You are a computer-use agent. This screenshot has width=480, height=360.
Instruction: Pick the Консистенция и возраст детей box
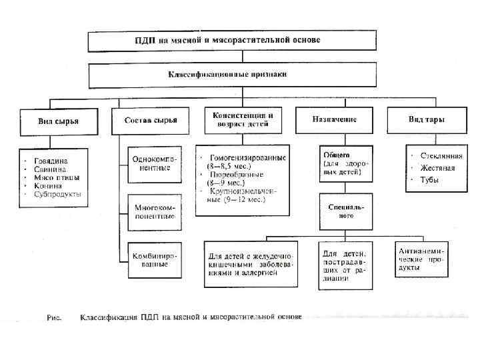point(242,120)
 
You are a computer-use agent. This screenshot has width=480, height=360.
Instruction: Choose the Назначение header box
point(334,120)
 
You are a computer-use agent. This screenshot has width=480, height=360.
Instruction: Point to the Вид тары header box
point(426,120)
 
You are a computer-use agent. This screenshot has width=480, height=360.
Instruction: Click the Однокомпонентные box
point(151,163)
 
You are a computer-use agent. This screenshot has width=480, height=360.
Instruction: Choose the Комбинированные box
point(151,260)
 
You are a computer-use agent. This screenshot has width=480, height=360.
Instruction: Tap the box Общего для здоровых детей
point(342,162)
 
